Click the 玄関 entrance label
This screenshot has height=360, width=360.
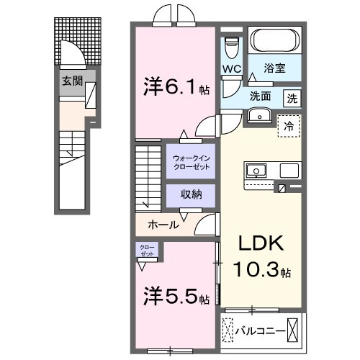(x=71, y=81)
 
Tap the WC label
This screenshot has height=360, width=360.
(x=231, y=69)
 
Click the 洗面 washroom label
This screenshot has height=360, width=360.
(x=260, y=96)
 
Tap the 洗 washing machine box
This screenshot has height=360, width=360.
(x=291, y=96)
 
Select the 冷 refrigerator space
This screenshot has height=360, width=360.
(x=290, y=125)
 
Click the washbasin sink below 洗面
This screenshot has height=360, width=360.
(x=257, y=116)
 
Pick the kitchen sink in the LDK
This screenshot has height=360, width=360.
(x=256, y=171)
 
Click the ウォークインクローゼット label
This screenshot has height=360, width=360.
(x=189, y=161)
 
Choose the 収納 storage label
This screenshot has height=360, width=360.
(x=189, y=194)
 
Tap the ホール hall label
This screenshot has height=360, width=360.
(x=163, y=225)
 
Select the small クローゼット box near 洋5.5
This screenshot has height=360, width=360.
(x=147, y=251)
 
